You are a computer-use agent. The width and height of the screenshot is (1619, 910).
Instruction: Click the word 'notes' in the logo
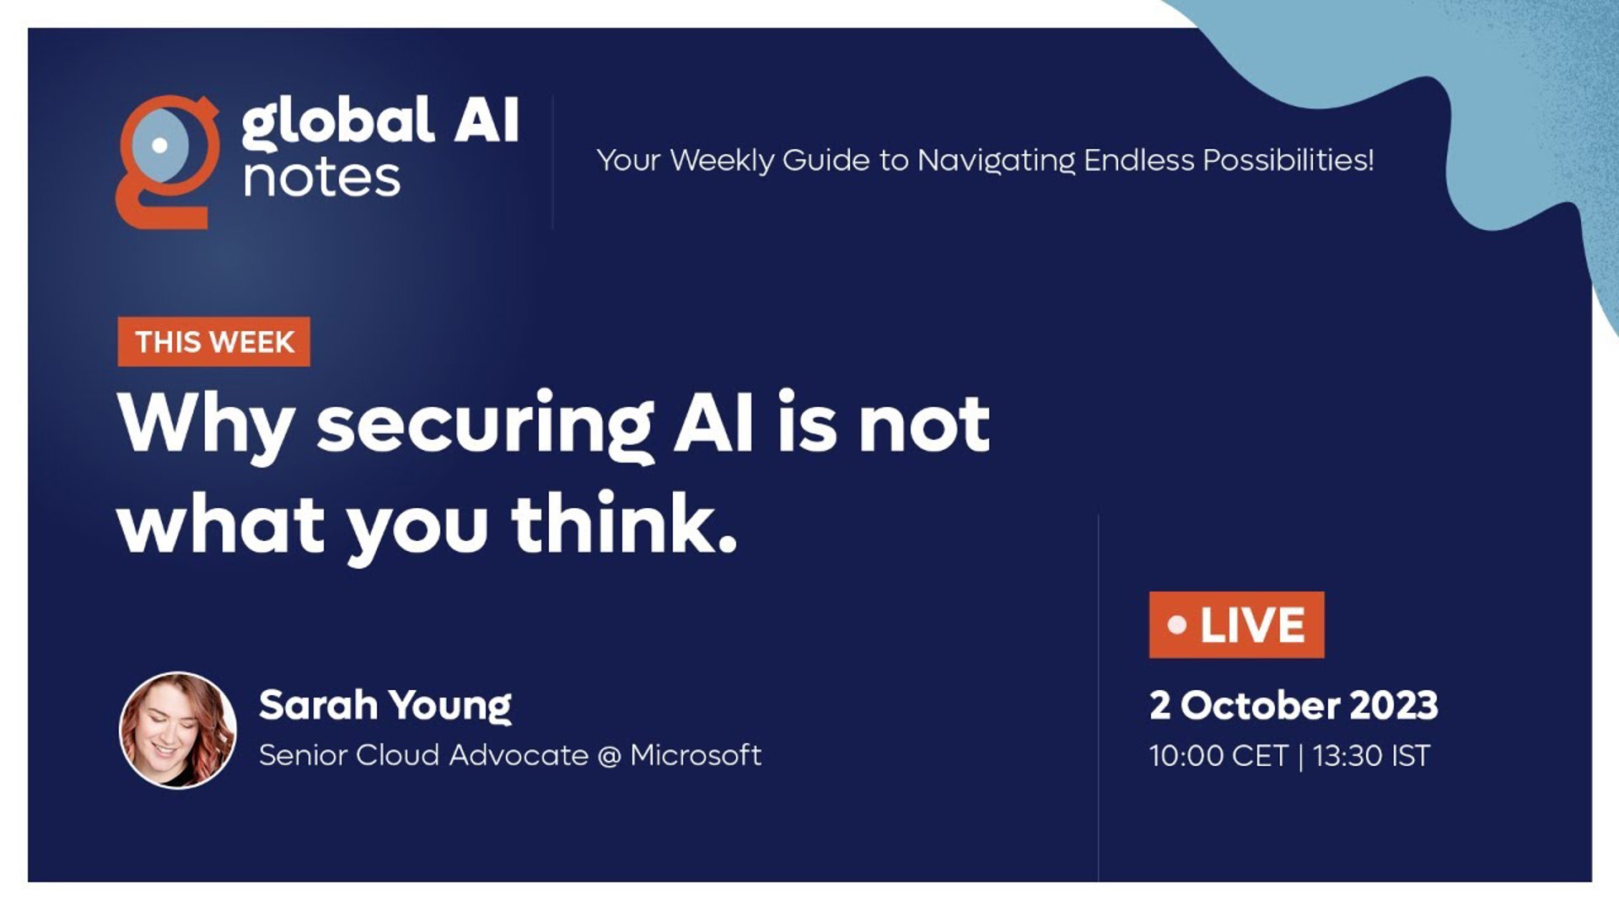point(321,179)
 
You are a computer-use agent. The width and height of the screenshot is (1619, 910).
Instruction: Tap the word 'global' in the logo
point(337,123)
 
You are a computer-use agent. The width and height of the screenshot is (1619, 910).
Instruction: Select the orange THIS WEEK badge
point(214,342)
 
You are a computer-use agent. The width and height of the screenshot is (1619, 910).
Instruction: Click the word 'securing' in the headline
point(486,426)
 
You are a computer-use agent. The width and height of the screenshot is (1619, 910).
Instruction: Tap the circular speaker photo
point(178,730)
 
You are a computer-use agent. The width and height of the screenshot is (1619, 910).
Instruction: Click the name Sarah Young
point(385,706)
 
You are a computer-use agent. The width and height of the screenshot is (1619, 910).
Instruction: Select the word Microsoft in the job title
point(696,755)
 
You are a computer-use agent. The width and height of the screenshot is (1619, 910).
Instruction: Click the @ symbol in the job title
point(609,756)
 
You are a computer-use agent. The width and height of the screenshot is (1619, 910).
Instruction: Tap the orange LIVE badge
point(1236,625)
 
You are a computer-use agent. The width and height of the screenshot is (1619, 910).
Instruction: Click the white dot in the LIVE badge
point(1177,625)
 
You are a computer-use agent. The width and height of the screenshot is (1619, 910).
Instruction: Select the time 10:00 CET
point(1218,756)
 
